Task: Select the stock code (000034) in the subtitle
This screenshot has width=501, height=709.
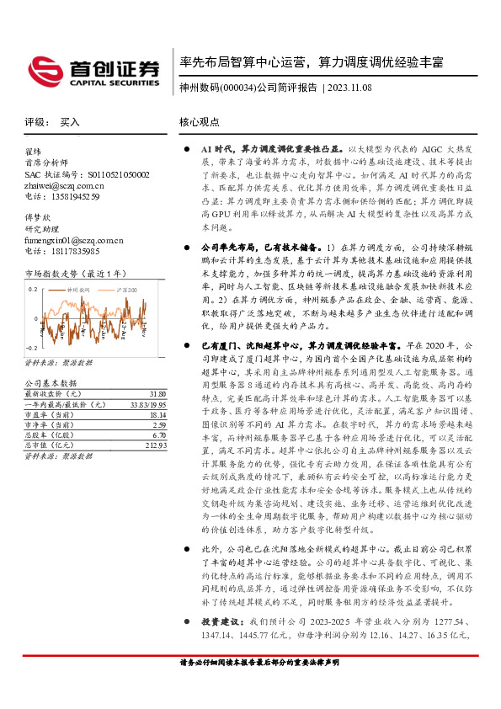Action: point(236,87)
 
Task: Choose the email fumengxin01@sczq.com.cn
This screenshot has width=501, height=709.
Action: point(74,240)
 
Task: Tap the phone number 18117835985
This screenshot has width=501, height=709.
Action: point(72,251)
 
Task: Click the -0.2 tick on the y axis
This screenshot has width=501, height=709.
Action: point(32,347)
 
